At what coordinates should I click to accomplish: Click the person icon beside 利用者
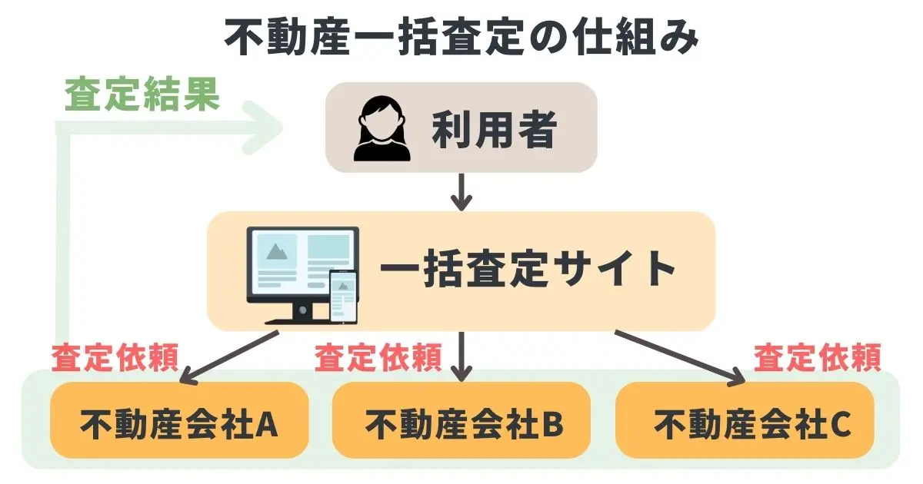[378, 128]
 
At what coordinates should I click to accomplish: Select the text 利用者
[493, 128]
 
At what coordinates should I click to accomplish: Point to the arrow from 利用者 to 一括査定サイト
[461, 192]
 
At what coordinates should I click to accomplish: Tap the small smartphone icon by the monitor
[343, 296]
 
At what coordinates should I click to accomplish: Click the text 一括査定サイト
[528, 270]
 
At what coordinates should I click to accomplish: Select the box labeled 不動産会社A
[179, 420]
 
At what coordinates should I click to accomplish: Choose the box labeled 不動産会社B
[461, 420]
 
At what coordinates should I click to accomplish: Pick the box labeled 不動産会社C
[745, 420]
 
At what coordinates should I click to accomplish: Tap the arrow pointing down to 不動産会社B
[461, 357]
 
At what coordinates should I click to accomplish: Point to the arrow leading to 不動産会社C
[681, 357]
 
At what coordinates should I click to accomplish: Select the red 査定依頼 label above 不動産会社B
[378, 357]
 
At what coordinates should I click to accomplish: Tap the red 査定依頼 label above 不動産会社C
[817, 357]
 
